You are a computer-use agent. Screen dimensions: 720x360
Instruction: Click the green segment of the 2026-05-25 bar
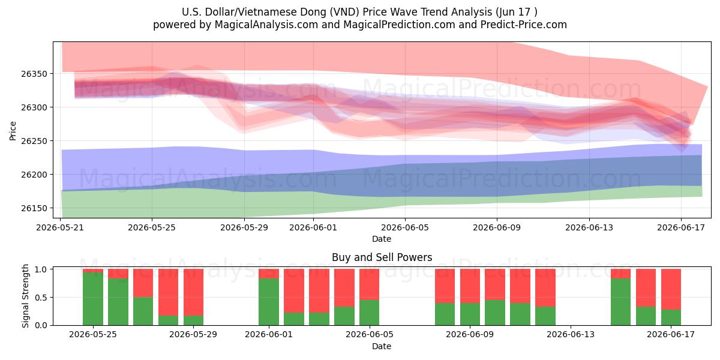point(93,299)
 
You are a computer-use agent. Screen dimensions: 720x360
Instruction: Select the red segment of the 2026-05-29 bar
point(193,292)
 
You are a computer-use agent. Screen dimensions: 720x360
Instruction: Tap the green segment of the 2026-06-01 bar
point(269,302)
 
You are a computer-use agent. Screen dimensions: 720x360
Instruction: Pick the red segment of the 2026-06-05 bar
point(370,284)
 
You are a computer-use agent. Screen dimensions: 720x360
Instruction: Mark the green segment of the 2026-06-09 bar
point(470,314)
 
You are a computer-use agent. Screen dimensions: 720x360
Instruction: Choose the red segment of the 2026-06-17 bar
point(671,289)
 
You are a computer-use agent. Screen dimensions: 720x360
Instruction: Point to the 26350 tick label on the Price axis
point(34,74)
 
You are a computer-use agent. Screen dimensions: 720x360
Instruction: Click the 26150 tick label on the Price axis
point(34,208)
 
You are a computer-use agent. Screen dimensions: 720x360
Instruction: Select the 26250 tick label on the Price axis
point(34,141)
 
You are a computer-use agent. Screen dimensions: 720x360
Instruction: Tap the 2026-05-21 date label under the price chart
point(60,227)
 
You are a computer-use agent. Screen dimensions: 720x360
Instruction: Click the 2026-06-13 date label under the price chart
point(589,227)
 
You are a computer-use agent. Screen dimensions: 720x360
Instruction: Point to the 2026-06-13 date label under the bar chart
point(571,335)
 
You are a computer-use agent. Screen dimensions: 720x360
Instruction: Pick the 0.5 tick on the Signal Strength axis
point(41,298)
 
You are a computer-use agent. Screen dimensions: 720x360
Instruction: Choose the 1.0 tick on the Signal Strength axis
point(41,269)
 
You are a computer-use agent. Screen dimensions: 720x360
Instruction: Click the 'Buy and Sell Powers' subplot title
point(382,257)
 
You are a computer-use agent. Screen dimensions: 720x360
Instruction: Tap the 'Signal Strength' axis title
point(25,296)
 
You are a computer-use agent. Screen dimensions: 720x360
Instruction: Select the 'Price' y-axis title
point(13,131)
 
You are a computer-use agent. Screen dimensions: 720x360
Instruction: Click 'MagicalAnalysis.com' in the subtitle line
point(266,25)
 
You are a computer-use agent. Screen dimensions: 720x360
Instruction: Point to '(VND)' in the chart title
point(344,12)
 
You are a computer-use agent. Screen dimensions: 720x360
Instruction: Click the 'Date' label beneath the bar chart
point(382,347)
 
